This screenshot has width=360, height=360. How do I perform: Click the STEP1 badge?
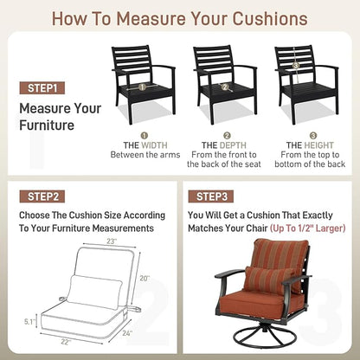coord(42,88)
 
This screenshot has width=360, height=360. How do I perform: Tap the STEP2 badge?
coord(42,196)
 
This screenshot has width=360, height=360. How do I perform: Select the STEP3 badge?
coord(211,196)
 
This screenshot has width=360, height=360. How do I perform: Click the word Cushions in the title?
coord(270,18)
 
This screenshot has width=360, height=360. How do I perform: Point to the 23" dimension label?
coord(112,241)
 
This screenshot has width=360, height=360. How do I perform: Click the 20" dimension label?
coord(145,279)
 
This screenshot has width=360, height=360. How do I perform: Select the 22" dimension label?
coord(66,342)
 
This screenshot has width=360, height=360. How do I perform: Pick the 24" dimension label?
coord(127,333)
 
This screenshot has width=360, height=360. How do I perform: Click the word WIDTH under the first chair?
coord(155,145)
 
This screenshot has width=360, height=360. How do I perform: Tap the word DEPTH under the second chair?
coord(233,145)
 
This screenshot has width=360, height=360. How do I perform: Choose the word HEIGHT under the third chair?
coord(318,145)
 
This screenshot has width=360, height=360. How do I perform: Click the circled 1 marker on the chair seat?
coord(142,87)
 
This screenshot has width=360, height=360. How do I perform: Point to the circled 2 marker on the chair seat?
coord(225,87)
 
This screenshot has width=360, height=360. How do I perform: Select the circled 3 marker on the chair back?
coord(295,66)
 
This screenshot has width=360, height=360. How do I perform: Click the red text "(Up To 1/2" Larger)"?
coord(308,228)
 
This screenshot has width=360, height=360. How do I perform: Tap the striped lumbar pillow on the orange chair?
coord(269,280)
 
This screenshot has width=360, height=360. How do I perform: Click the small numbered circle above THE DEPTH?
coord(228,136)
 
